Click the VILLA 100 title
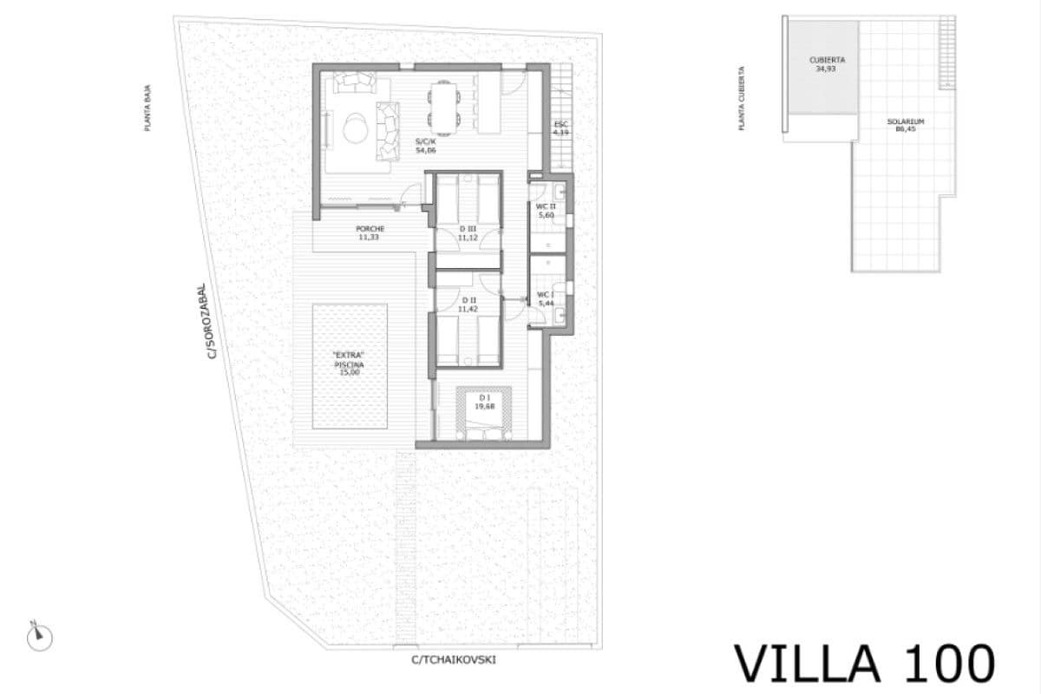click(x=864, y=664)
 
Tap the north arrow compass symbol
click(x=39, y=637)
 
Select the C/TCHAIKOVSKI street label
click(x=455, y=659)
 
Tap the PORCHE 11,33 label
click(x=370, y=232)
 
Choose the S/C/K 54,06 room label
click(x=425, y=146)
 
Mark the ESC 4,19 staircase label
click(x=561, y=128)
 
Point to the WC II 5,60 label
click(x=545, y=210)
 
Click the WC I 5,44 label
click(x=546, y=299)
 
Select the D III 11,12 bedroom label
click(x=468, y=232)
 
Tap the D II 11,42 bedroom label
click(x=468, y=304)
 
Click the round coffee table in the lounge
click(x=355, y=129)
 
